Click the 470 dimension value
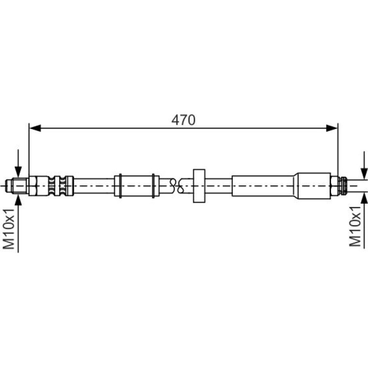[x=184, y=120]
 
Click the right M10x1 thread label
[x=355, y=226]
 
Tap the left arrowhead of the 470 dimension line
[x=35, y=128]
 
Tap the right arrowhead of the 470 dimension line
[x=332, y=128]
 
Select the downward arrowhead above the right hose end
[x=364, y=174]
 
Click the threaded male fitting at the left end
[x=17, y=186]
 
